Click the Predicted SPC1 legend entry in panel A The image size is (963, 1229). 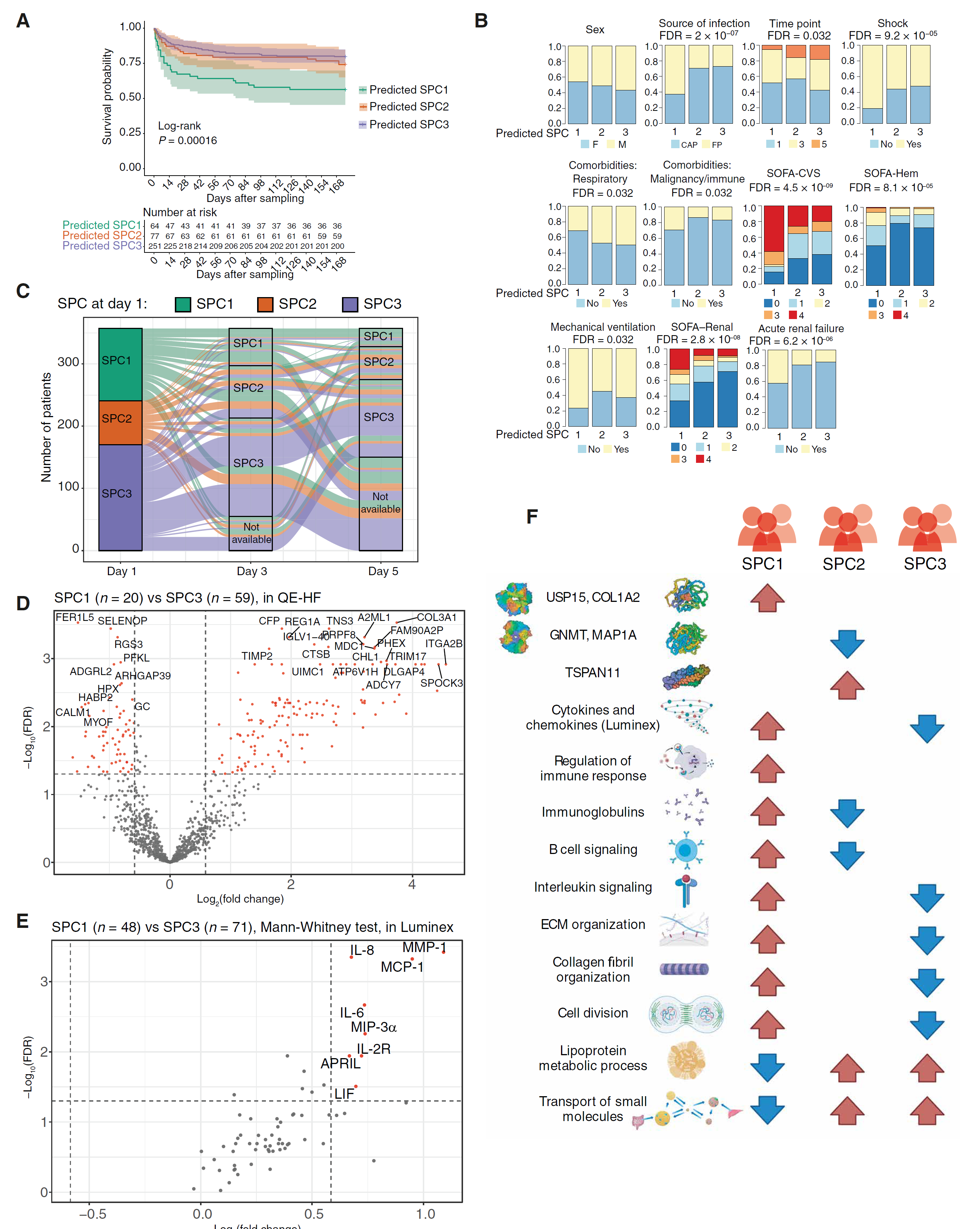[408, 90]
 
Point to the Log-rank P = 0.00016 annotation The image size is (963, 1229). [187, 133]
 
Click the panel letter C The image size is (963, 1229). [23, 291]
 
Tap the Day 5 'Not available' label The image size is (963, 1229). [381, 503]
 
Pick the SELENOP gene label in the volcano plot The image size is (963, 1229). [123, 621]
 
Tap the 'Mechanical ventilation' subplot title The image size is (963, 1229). [603, 327]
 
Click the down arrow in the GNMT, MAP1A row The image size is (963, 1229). [847, 644]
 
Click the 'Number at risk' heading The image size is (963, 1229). [180, 212]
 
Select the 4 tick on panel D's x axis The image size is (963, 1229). [412, 884]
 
